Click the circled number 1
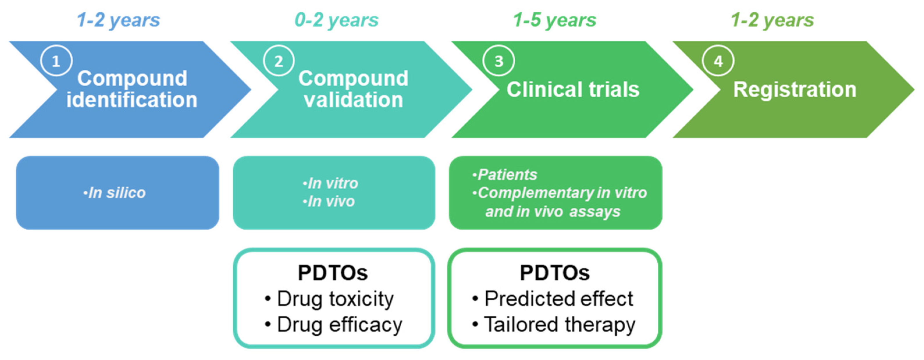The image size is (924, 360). (x=56, y=61)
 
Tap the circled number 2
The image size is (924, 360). (x=278, y=61)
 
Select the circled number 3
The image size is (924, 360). (x=499, y=61)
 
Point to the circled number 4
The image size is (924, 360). (x=718, y=61)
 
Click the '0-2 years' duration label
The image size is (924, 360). (x=336, y=20)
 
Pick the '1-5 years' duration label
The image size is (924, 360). (x=555, y=20)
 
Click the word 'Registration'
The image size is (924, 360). (x=795, y=89)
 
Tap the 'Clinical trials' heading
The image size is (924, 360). (x=573, y=89)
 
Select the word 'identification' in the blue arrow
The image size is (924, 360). (x=132, y=100)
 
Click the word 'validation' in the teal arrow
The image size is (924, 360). (x=353, y=100)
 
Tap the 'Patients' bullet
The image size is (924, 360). (x=506, y=175)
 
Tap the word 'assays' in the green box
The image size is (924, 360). (x=594, y=212)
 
